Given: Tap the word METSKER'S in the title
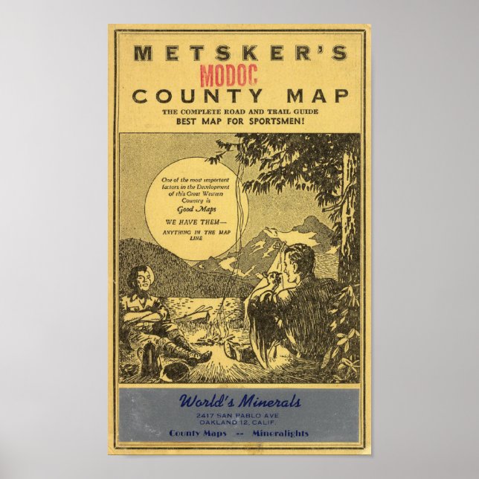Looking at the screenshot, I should point(239,53).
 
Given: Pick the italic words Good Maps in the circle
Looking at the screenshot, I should point(196,210).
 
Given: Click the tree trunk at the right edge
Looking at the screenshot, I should point(347,223).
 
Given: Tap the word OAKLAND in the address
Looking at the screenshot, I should point(214,422).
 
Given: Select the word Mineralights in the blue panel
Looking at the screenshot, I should point(280,434).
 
